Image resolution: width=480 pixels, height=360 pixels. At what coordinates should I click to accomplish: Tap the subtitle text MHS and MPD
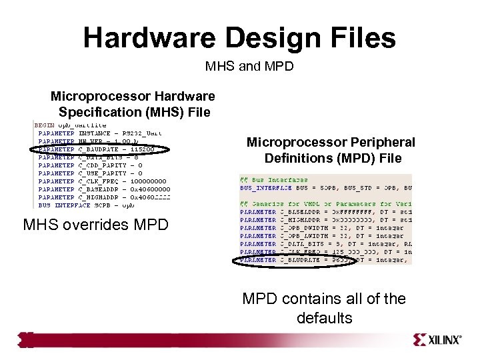(x=249, y=67)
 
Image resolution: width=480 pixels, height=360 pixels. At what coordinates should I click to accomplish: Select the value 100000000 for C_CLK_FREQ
(x=148, y=181)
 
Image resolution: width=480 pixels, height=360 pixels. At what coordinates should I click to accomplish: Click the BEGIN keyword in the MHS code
(x=44, y=125)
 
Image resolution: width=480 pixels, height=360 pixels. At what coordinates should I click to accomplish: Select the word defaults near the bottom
(x=324, y=318)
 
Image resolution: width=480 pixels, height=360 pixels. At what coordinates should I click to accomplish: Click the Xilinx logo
(x=437, y=339)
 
